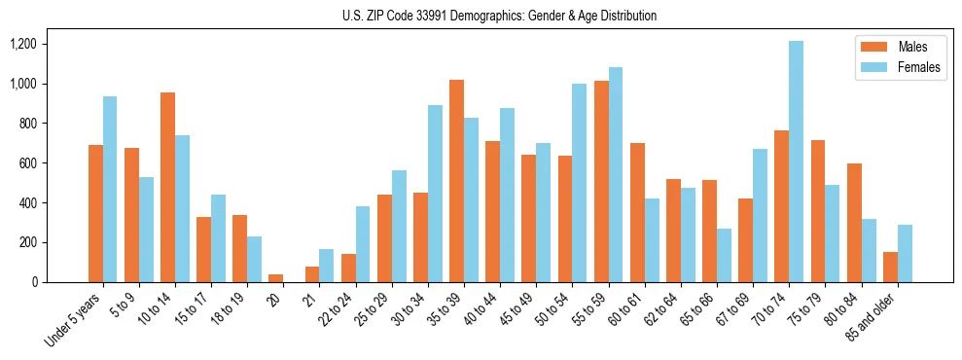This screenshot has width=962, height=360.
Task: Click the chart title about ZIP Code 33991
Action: click(x=499, y=16)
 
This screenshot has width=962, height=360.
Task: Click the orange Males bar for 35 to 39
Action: click(x=457, y=181)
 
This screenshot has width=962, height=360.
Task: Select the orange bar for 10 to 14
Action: click(x=167, y=187)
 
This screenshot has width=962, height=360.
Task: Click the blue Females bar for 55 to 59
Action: click(x=616, y=175)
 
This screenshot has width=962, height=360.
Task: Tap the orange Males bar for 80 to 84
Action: click(x=854, y=223)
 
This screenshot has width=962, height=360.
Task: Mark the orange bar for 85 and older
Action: click(x=890, y=268)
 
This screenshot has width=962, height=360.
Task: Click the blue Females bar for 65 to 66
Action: click(x=725, y=256)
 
